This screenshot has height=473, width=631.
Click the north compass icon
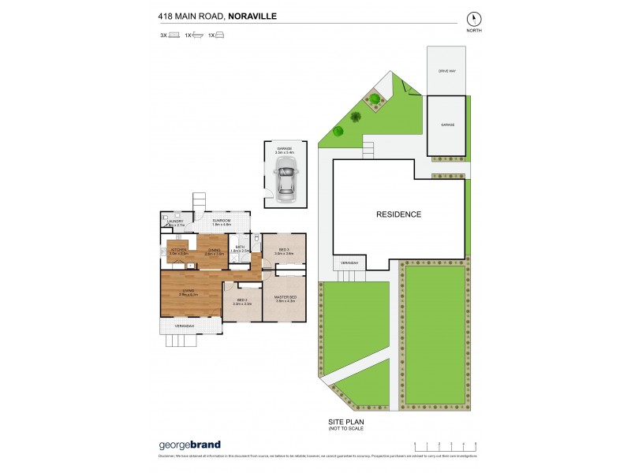tap(473, 17)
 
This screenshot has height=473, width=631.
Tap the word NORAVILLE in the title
tap(254, 14)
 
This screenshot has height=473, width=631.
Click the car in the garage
tap(284, 178)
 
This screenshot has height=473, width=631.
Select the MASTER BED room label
tap(284, 297)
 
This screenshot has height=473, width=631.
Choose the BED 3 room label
tap(285, 250)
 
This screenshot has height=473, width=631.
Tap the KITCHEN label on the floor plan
tap(177, 250)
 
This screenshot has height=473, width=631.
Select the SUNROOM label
tap(221, 221)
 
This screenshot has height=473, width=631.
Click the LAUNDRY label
tap(174, 222)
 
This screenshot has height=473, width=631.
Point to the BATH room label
tap(240, 248)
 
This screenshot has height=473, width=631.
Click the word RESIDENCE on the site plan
tap(398, 214)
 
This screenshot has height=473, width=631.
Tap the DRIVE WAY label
tap(447, 71)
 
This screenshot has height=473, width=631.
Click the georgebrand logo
tap(189, 445)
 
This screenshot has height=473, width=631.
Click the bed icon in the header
tap(174, 35)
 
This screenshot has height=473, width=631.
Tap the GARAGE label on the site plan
tap(447, 125)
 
